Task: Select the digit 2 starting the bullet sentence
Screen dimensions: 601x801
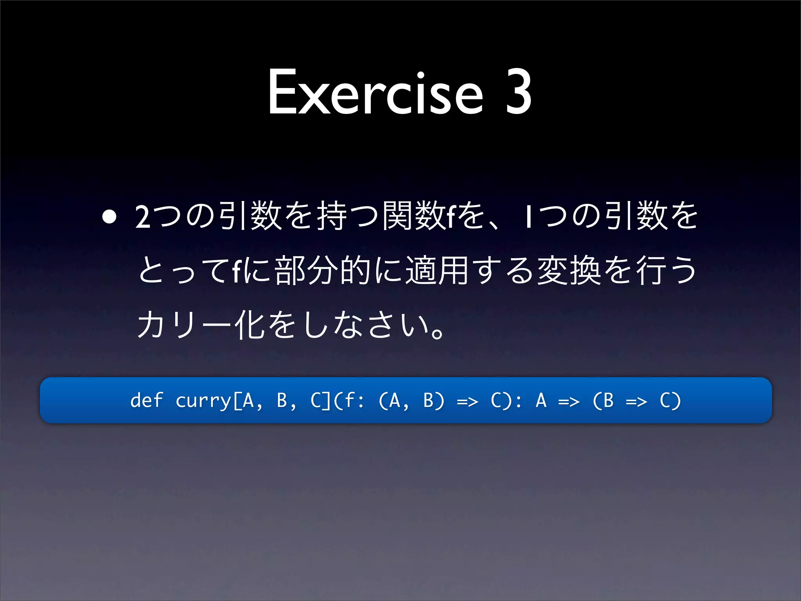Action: pyautogui.click(x=143, y=216)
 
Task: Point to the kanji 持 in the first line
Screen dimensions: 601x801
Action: pyautogui.click(x=332, y=216)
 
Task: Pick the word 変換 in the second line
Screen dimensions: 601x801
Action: pyautogui.click(x=569, y=270)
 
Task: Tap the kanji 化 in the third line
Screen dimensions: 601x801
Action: pyautogui.click(x=250, y=325)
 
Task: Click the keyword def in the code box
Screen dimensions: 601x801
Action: pyautogui.click(x=146, y=400)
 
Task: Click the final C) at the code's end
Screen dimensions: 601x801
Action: pyautogui.click(x=670, y=401)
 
